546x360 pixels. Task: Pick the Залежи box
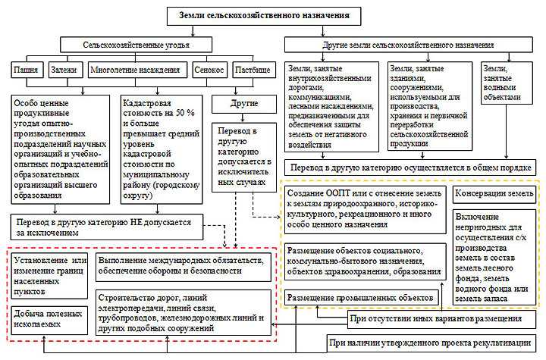pyautogui.click(x=64, y=70)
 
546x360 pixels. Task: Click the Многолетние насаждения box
pyautogui.click(x=134, y=70)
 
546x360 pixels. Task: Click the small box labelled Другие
pyautogui.click(x=243, y=102)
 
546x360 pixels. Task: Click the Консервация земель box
pyautogui.click(x=493, y=193)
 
